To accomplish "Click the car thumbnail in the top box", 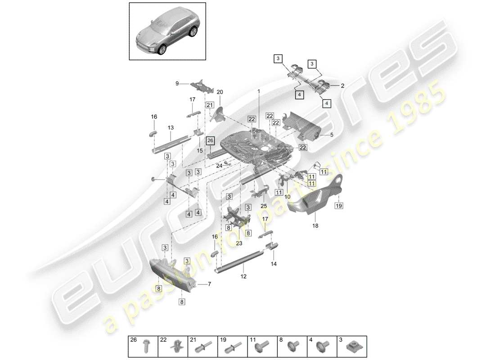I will [x=168, y=31].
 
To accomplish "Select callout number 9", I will [x=177, y=83].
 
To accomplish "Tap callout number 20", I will [x=220, y=92].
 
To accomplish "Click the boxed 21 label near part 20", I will [x=209, y=105].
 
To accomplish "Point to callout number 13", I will [x=171, y=128].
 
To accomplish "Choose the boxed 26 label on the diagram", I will [x=210, y=140].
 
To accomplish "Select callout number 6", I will [x=153, y=179].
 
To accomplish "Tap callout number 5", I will [x=332, y=134].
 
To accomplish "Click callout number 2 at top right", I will [x=342, y=85].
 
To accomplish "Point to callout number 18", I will [x=315, y=225].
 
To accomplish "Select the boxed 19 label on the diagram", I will [x=338, y=206].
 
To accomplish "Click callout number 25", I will [x=264, y=206].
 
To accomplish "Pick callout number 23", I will [x=238, y=243].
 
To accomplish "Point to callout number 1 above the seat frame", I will [x=259, y=91].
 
